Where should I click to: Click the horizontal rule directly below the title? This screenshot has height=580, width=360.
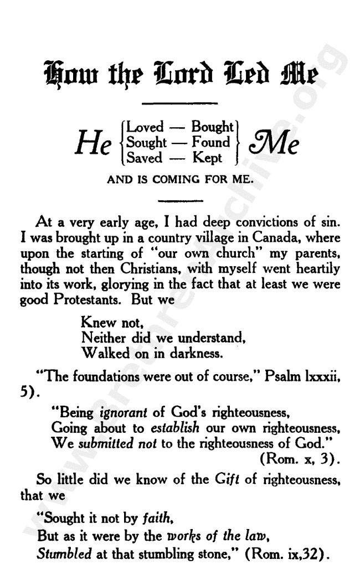click(x=180, y=103)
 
